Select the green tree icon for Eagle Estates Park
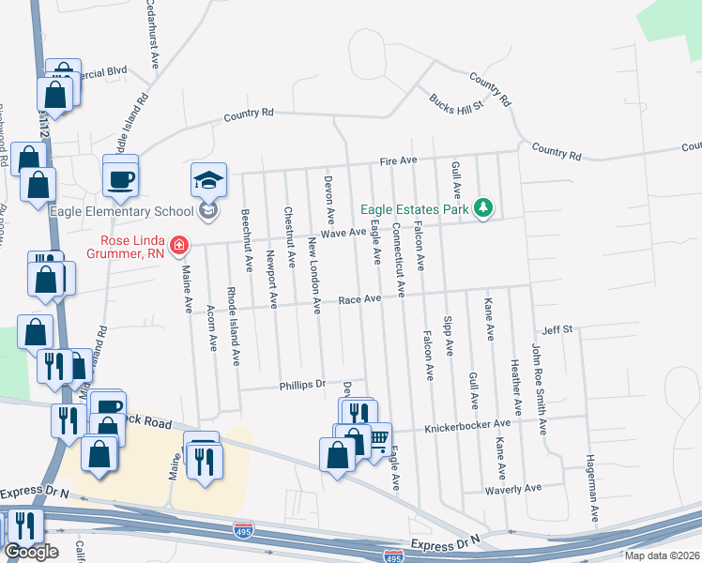pyautogui.click(x=483, y=206)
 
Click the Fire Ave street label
pyautogui.click(x=398, y=161)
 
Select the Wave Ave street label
pyautogui.click(x=343, y=233)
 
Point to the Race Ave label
pyautogui.click(x=359, y=300)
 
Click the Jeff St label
pyautogui.click(x=557, y=330)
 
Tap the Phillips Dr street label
pyautogui.click(x=301, y=385)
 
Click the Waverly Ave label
pyautogui.click(x=513, y=489)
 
